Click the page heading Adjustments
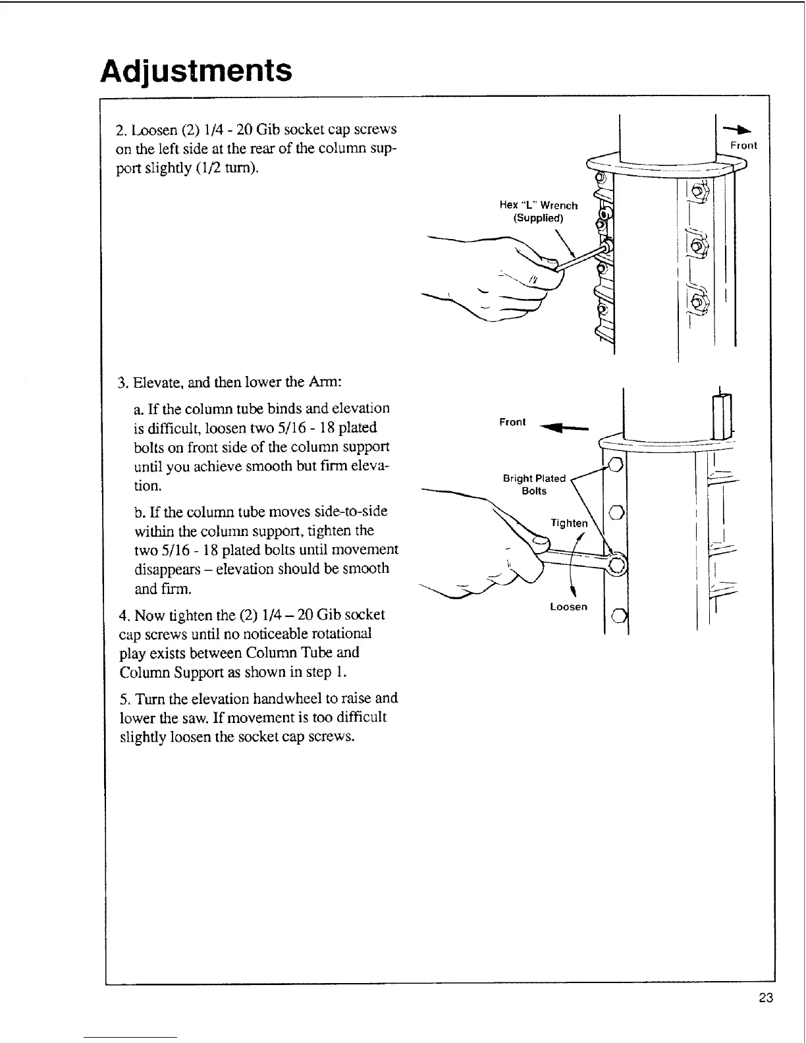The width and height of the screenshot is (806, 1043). [x=196, y=70]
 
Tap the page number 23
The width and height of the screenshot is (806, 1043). [x=765, y=998]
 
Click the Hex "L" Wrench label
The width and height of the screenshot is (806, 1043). [x=539, y=205]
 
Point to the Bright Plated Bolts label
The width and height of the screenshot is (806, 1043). [x=534, y=485]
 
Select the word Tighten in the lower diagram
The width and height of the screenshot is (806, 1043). [x=569, y=523]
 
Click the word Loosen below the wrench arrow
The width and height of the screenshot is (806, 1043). [x=568, y=606]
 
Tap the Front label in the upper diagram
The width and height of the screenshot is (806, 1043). [x=743, y=146]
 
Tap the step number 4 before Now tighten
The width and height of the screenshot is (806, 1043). [x=123, y=616]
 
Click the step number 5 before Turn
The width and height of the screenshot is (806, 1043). [x=123, y=699]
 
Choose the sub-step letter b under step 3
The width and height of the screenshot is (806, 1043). [x=137, y=512]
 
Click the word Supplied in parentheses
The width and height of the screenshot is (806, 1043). [x=538, y=218]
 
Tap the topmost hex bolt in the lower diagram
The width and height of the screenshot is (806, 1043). [x=616, y=465]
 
